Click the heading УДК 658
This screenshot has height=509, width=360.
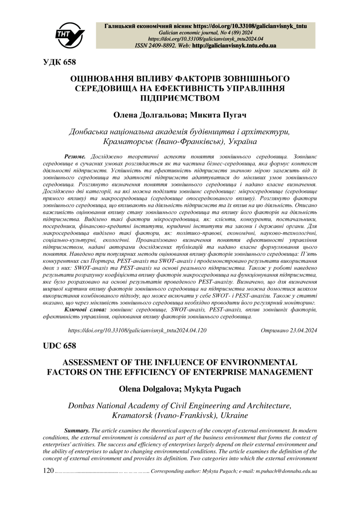59,62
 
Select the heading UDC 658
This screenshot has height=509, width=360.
59,346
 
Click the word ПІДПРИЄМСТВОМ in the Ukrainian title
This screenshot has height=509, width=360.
180,98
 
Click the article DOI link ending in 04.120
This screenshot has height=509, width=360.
137,330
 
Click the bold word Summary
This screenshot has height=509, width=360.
77,430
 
